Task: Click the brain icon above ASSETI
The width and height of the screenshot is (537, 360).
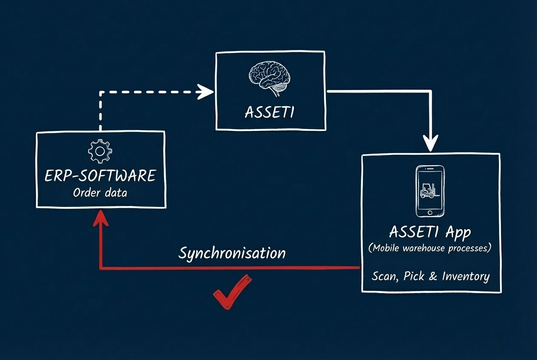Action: point(270,76)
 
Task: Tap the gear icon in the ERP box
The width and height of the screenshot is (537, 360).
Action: point(100,151)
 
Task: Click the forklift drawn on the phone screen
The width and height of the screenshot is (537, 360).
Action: point(428,191)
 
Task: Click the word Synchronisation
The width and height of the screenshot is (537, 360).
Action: point(232,253)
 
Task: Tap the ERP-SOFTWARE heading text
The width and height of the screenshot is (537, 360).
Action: point(100,176)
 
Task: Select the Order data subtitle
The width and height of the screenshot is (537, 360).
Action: point(100,193)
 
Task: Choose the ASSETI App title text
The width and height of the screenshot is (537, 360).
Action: point(430,233)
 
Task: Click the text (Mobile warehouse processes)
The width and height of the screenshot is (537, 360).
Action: point(430,248)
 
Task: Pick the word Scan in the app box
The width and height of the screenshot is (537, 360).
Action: point(384,276)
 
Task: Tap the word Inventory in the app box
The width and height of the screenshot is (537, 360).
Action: point(466,276)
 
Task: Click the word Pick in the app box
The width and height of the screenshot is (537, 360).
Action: point(414,276)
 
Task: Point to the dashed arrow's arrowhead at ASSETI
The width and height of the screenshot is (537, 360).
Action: point(207,91)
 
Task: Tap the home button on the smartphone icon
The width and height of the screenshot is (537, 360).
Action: point(430,212)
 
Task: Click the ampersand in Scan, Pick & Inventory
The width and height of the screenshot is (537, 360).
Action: point(433,277)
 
